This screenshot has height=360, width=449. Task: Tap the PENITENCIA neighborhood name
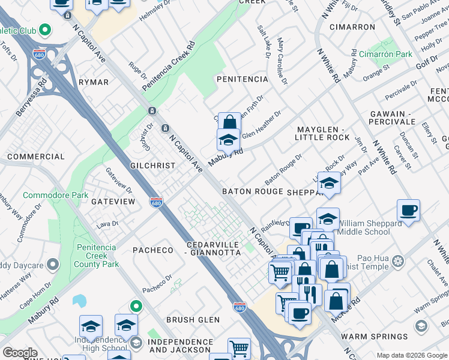pyautogui.click(x=242, y=79)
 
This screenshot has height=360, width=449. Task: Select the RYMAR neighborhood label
pyautogui.click(x=94, y=82)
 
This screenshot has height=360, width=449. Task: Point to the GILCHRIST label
pyautogui.click(x=153, y=166)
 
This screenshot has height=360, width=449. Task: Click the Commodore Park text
pyautogui.click(x=55, y=196)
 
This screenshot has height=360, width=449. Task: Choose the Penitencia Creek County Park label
pyautogui.click(x=97, y=256)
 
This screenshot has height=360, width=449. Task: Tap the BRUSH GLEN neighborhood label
pyautogui.click(x=193, y=320)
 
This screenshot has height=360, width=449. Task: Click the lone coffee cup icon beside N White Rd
pyautogui.click(x=408, y=211)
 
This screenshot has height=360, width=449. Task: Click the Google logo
pyautogui.click(x=20, y=353)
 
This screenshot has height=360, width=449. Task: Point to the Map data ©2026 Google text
pyautogui.click(x=411, y=355)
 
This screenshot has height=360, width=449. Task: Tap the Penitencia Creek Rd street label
pyautogui.click(x=169, y=67)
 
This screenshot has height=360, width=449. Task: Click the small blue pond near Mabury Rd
pyautogui.click(x=79, y=301)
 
